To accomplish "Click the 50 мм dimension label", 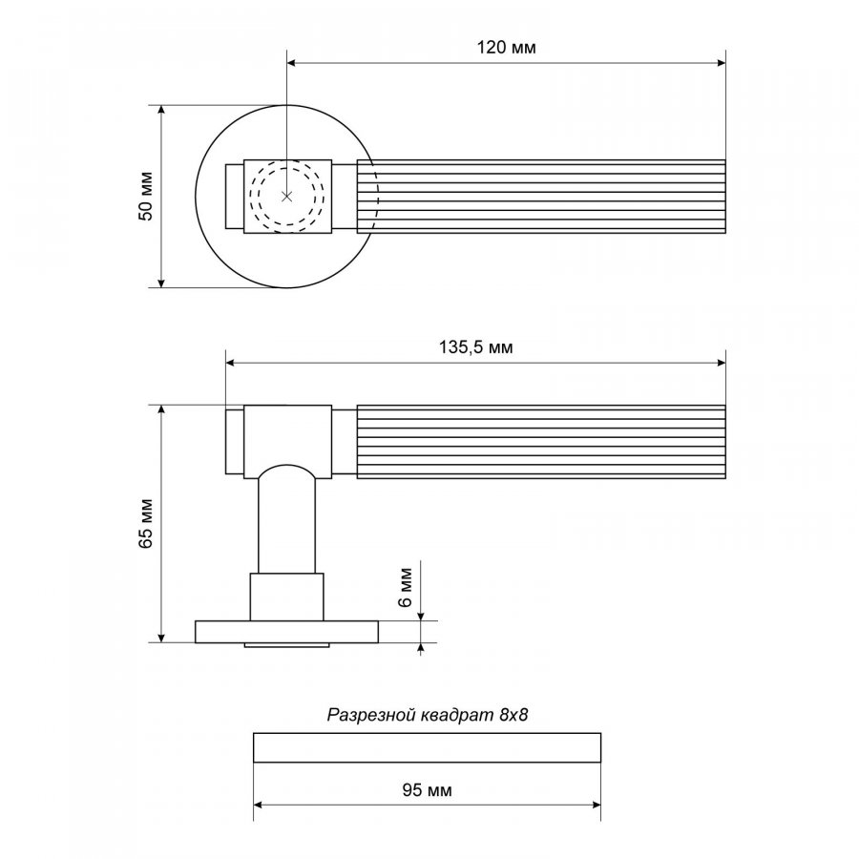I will tap(146, 196).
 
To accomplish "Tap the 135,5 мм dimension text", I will tap(475, 347).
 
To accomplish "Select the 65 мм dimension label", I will tap(146, 524).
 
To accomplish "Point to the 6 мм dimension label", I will tap(405, 585).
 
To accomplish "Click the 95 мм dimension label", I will tap(427, 790).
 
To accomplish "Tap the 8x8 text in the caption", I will tap(513, 714).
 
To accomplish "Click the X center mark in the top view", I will tap(286, 196).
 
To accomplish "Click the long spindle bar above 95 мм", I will tap(427, 747).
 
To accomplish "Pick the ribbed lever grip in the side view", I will tap(540, 442).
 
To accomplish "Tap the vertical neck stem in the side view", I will tap(286, 525).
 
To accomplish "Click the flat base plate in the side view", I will tap(215, 632).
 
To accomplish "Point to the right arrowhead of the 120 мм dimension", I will tap(722, 64).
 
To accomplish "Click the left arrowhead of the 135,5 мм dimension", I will tap(228, 364).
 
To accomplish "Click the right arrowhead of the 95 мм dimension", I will tap(597, 806).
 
